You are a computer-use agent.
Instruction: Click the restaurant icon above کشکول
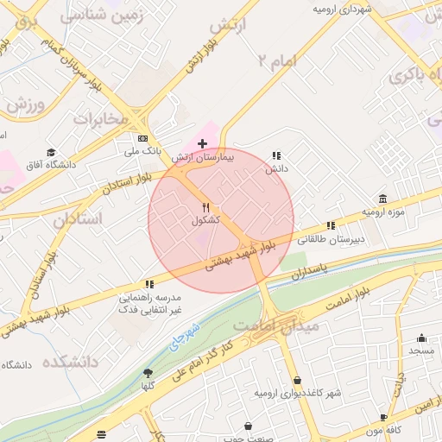pyautogui.click(x=205, y=207)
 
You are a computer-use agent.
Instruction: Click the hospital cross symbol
pyautogui.click(x=202, y=143)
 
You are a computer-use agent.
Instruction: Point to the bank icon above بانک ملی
pyautogui.click(x=142, y=138)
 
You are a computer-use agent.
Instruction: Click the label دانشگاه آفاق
pyautogui.click(x=47, y=164)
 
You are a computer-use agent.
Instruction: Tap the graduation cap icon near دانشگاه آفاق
pyautogui.click(x=53, y=150)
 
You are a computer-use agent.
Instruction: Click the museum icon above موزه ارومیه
pyautogui.click(x=382, y=198)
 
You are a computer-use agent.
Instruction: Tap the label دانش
pyautogui.click(x=276, y=169)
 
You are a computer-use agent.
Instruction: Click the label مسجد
pyautogui.click(x=421, y=350)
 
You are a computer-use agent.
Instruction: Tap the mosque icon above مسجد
pyautogui.click(x=421, y=338)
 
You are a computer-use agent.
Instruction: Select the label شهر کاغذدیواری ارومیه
pyautogui.click(x=297, y=393)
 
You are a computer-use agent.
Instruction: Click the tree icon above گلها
pyautogui.click(x=148, y=373)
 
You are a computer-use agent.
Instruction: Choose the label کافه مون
pyautogui.click(x=384, y=430)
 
